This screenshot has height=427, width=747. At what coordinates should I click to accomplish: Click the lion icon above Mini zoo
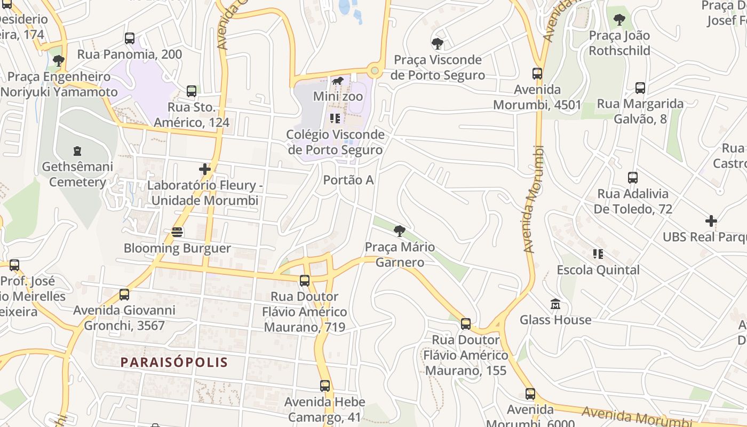(x=338, y=81)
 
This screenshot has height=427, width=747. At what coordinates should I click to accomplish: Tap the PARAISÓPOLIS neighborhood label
(x=174, y=362)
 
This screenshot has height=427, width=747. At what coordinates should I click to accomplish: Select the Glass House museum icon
(x=555, y=304)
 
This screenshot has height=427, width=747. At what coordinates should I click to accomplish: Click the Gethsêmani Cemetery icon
(x=77, y=151)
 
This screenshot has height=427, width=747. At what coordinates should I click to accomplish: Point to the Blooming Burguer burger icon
(x=177, y=233)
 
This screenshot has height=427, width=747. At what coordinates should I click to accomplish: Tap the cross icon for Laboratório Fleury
(x=205, y=170)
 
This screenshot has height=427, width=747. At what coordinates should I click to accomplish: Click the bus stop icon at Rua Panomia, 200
(x=130, y=38)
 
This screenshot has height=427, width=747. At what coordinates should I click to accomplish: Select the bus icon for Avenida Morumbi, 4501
(x=537, y=74)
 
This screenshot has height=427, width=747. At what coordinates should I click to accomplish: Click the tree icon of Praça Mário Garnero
(x=399, y=231)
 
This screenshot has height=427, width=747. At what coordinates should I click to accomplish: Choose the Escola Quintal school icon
(x=598, y=254)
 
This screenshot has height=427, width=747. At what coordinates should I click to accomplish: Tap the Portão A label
(x=348, y=180)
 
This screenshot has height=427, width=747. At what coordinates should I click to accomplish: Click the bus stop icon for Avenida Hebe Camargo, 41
(x=325, y=386)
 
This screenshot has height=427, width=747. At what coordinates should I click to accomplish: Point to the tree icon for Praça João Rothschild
(x=619, y=20)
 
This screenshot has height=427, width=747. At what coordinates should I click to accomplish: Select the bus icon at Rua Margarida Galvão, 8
(x=640, y=88)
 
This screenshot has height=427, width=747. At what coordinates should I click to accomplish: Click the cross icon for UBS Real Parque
(x=711, y=221)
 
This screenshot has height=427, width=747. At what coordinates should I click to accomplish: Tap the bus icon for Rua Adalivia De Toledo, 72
(x=633, y=178)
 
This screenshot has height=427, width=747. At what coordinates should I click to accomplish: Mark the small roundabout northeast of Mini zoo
(x=375, y=70)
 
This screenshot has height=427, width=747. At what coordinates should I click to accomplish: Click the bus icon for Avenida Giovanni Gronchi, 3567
(x=124, y=295)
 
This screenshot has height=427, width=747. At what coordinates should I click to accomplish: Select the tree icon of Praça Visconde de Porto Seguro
(x=438, y=44)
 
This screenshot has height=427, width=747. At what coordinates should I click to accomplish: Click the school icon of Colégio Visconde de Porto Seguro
(x=335, y=118)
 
